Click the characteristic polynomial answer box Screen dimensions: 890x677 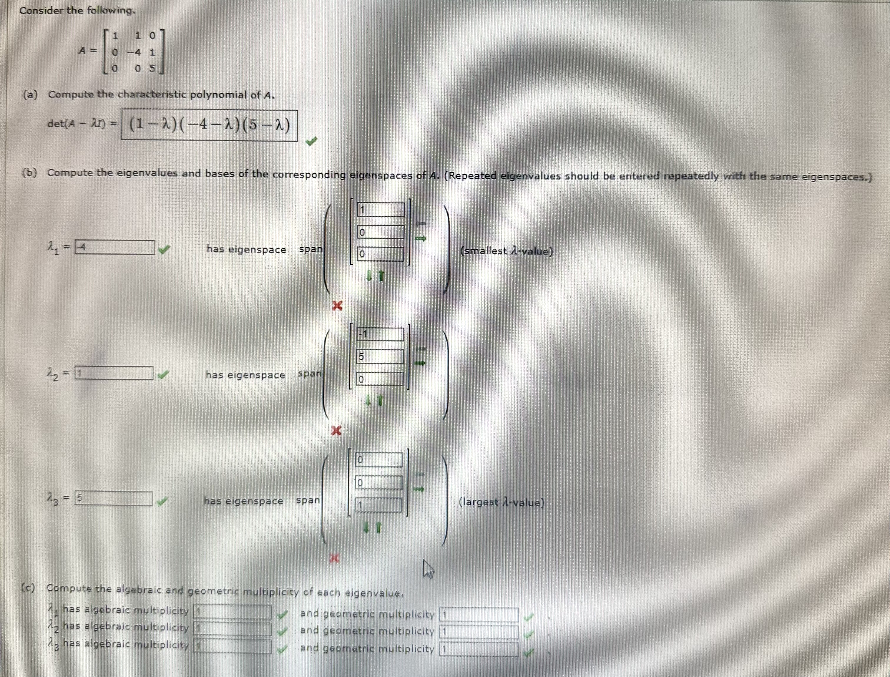coord(210,125)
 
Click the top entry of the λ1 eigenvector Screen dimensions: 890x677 coord(381,210)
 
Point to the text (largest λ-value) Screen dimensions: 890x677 coord(502,502)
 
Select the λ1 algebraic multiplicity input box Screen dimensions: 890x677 coord(233,612)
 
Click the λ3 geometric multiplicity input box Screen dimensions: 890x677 coord(479,649)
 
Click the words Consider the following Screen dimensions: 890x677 coord(77,11)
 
